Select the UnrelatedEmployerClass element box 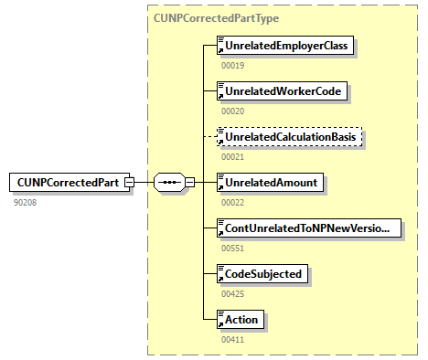click(x=284, y=46)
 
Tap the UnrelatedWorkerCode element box click(x=278, y=91)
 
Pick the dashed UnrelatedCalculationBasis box click(x=289, y=137)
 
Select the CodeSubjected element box click(x=262, y=273)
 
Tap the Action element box click(x=241, y=319)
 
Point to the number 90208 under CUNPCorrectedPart click(x=26, y=202)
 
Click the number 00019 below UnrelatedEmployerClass click(x=233, y=66)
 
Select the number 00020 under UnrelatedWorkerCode click(x=233, y=111)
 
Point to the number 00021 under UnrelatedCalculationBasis click(x=233, y=157)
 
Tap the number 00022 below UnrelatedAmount click(x=233, y=203)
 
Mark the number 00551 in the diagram click(x=233, y=248)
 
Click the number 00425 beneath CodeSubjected click(x=233, y=293)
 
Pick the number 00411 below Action click(x=233, y=339)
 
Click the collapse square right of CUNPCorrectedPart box click(x=129, y=182)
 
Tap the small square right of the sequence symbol click(x=189, y=182)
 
